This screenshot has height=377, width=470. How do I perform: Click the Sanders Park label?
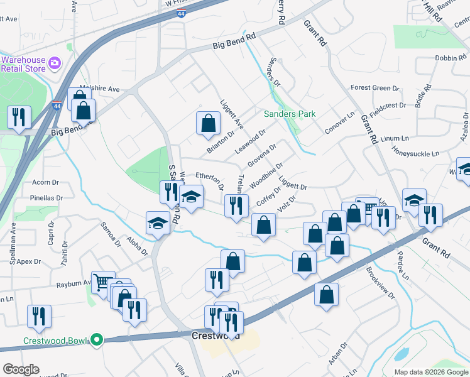pos(289,114)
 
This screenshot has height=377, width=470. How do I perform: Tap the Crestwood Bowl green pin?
pos(96,340)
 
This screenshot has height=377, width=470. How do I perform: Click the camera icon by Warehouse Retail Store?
pos(55,63)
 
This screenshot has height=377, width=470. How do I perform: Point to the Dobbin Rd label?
pos(450,58)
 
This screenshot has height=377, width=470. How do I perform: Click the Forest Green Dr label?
pos(371,88)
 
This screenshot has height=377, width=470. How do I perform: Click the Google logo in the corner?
pos(21,369)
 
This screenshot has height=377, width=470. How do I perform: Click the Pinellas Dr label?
pos(46,198)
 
